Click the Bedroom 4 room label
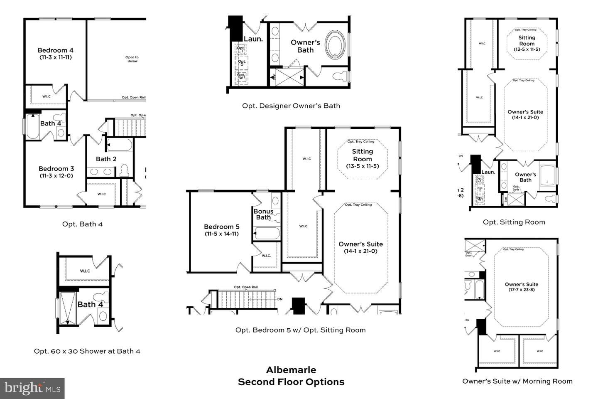pos(56,53)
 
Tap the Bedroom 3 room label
pos(56,172)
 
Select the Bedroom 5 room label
pos(221,230)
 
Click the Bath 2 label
pos(106,159)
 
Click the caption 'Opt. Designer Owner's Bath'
pos(291,106)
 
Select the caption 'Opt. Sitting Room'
pos(514,222)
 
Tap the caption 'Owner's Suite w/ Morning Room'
pos(517,381)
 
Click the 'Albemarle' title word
pos(291,369)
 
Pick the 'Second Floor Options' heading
pos(291,382)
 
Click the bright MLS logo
pos(32,388)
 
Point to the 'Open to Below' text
pos(132,59)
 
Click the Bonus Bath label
pos(263,214)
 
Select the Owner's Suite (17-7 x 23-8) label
pos(521,287)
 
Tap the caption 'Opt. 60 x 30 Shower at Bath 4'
pos(87,351)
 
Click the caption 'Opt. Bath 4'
pos(82,224)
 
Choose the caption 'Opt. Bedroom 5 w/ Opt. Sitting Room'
pos(300,330)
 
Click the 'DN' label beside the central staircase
pos(280,299)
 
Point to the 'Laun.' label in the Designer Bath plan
pos(253,39)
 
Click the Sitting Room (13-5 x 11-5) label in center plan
pos(362,158)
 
